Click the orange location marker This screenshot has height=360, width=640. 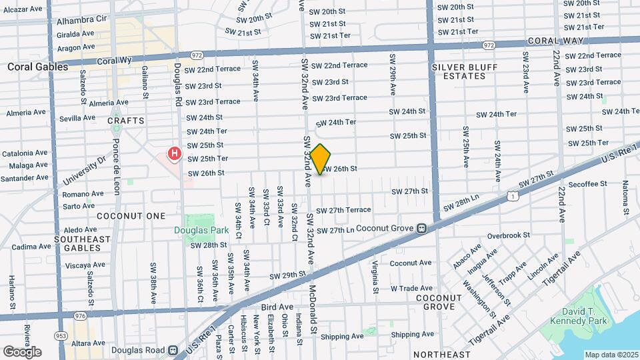tap(321, 159)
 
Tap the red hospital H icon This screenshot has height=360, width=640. tap(175, 155)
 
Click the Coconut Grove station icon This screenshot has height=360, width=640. tap(421, 228)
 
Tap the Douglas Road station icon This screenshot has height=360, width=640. tap(173, 349)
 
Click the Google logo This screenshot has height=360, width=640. tap(22, 352)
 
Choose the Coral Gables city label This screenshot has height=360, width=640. tap(37, 67)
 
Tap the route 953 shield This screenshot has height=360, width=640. tap(61, 335)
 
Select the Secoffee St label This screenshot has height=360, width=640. tap(587, 183)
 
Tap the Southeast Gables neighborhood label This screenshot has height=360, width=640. tap(77, 243)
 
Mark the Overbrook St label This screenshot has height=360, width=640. tap(507, 235)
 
